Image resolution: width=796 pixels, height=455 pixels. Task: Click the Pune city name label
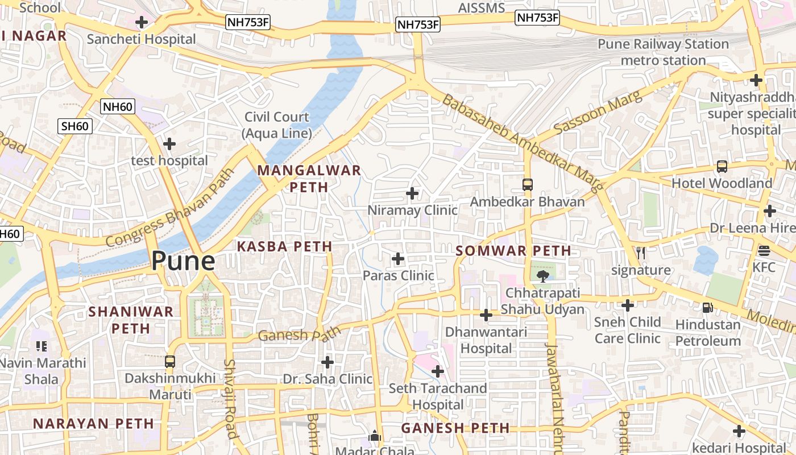click(x=183, y=262)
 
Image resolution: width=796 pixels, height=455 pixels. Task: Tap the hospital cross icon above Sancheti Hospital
click(x=142, y=23)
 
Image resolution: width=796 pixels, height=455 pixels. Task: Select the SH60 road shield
click(x=74, y=126)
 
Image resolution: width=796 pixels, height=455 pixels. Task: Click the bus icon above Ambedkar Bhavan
click(x=528, y=185)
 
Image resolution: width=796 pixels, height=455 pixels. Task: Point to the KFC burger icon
click(x=764, y=251)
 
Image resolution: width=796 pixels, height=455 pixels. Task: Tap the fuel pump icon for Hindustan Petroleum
click(x=708, y=308)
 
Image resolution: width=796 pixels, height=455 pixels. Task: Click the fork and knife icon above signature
click(x=641, y=253)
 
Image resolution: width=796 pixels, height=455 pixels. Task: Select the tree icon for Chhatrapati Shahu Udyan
click(x=542, y=276)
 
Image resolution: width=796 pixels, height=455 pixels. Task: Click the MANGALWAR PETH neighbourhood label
click(x=309, y=179)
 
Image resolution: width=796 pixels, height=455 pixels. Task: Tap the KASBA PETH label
click(x=284, y=246)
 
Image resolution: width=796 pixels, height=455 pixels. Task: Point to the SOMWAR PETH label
click(x=513, y=251)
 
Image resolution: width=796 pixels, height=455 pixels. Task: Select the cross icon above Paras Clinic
click(x=398, y=259)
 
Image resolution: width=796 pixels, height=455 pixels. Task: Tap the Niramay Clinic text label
click(x=412, y=210)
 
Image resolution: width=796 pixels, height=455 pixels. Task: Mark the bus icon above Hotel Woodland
click(x=722, y=167)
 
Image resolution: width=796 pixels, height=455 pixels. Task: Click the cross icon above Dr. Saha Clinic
click(x=327, y=362)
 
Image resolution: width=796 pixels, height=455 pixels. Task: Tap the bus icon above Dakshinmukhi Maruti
click(x=170, y=361)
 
